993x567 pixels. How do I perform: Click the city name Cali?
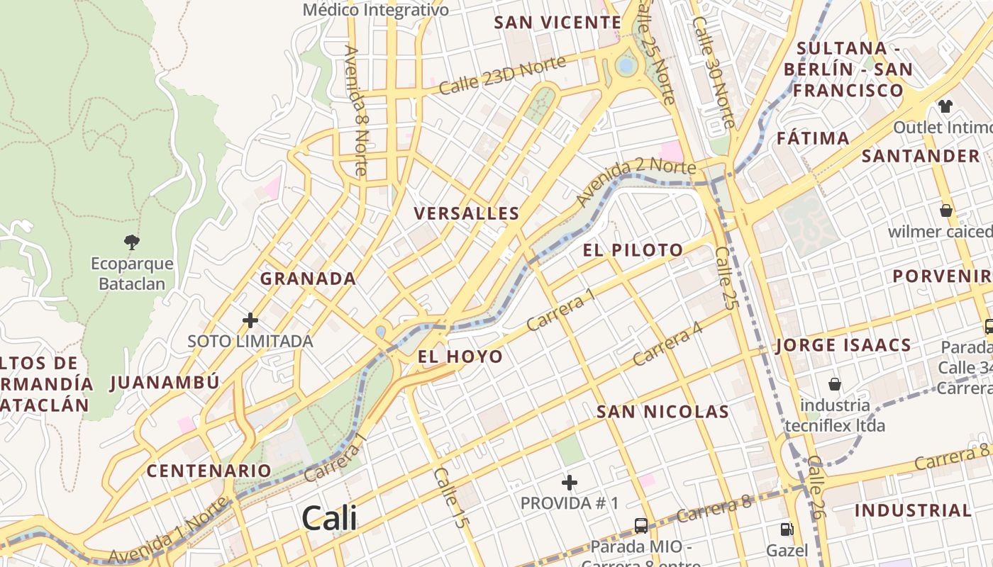click(x=329, y=519)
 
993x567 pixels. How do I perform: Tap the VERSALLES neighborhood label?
click(x=467, y=213)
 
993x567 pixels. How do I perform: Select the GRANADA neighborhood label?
click(x=308, y=279)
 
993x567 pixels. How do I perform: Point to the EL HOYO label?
click(x=460, y=357)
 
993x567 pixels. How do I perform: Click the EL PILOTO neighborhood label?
click(x=633, y=250)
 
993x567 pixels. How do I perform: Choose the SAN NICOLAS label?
click(x=662, y=412)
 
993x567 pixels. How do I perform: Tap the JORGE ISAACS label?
click(x=843, y=346)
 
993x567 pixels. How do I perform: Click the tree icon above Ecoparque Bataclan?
click(x=131, y=242)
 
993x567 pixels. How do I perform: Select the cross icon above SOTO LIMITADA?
click(x=250, y=320)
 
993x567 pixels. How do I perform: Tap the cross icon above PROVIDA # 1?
click(x=569, y=483)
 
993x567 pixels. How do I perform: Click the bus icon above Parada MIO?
click(x=640, y=525)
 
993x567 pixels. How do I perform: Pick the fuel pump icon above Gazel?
click(x=787, y=529)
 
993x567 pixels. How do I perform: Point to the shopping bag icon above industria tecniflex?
click(x=835, y=384)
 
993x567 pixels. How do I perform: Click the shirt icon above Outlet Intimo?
click(x=945, y=106)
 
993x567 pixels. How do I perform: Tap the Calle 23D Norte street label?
click(x=502, y=75)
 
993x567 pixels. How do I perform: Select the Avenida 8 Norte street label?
click(x=355, y=111)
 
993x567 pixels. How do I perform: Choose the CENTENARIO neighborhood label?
click(x=209, y=471)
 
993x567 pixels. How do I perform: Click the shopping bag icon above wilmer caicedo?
click(x=945, y=210)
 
